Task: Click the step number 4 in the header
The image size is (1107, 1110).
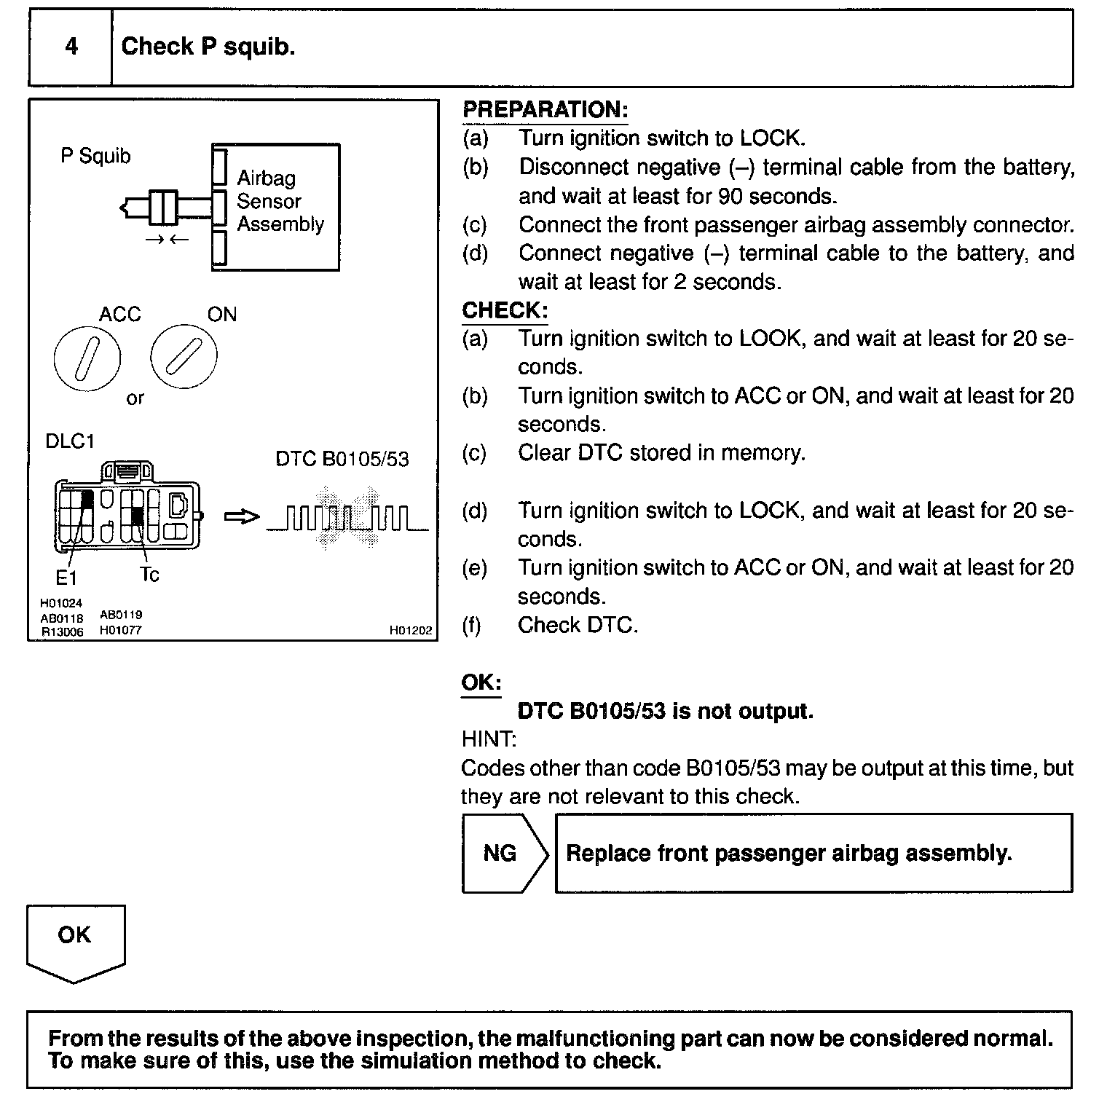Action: click(x=71, y=47)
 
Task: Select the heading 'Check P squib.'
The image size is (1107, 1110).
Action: click(x=208, y=47)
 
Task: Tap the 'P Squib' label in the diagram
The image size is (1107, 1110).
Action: click(x=95, y=157)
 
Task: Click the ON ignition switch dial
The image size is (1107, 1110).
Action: click(x=184, y=357)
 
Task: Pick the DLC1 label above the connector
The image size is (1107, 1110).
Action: click(x=70, y=441)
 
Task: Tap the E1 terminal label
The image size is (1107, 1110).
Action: click(x=66, y=578)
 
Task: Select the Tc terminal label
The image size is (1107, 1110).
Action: click(x=149, y=575)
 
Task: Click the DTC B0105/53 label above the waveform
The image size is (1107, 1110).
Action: click(x=342, y=460)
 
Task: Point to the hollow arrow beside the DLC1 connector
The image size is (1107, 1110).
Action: click(x=241, y=517)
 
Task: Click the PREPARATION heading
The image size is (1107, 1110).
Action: click(x=545, y=110)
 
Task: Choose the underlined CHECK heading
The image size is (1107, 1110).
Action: click(x=505, y=310)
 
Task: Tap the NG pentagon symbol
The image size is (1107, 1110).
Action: click(x=502, y=853)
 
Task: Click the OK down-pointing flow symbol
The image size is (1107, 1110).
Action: click(x=75, y=940)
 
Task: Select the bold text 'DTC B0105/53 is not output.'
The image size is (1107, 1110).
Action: click(x=665, y=711)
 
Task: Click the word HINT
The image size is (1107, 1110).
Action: click(x=489, y=739)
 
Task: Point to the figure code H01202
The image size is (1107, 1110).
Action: click(x=411, y=631)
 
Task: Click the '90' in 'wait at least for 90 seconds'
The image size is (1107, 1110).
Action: click(x=730, y=197)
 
